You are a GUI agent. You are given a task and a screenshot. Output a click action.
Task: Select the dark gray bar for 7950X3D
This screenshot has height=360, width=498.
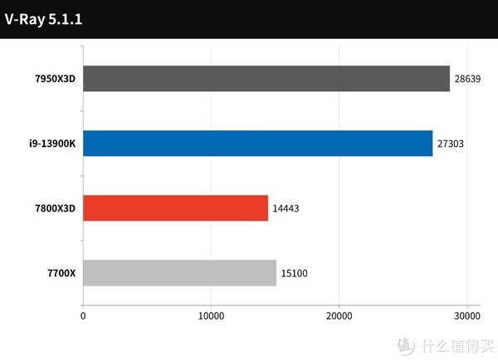[266, 80]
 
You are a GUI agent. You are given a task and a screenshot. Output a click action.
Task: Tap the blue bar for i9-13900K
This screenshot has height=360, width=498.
[257, 144]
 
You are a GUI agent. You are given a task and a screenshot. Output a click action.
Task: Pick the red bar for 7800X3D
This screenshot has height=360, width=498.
[175, 208]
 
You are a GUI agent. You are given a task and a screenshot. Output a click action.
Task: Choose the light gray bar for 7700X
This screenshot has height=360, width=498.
[179, 273]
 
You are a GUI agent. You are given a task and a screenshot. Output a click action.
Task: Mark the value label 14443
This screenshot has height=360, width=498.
[286, 208]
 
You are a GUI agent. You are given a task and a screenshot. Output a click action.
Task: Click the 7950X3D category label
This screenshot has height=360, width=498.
[51, 80]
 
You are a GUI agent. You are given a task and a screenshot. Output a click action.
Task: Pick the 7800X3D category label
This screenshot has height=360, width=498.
[51, 208]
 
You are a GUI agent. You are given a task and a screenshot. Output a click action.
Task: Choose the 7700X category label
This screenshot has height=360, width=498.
[59, 273]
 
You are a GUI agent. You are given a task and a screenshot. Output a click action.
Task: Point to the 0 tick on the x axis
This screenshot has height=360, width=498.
[83, 316]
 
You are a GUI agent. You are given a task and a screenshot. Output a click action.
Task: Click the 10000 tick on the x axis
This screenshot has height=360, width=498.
[211, 316]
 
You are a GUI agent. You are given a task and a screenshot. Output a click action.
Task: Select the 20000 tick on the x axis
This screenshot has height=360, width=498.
[339, 316]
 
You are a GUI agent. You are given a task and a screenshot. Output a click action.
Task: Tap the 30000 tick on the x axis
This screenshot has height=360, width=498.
[466, 316]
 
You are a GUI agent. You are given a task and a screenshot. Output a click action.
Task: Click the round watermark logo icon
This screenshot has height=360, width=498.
[404, 344]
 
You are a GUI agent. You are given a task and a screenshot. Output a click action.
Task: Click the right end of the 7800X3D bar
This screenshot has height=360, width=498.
[267, 208]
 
